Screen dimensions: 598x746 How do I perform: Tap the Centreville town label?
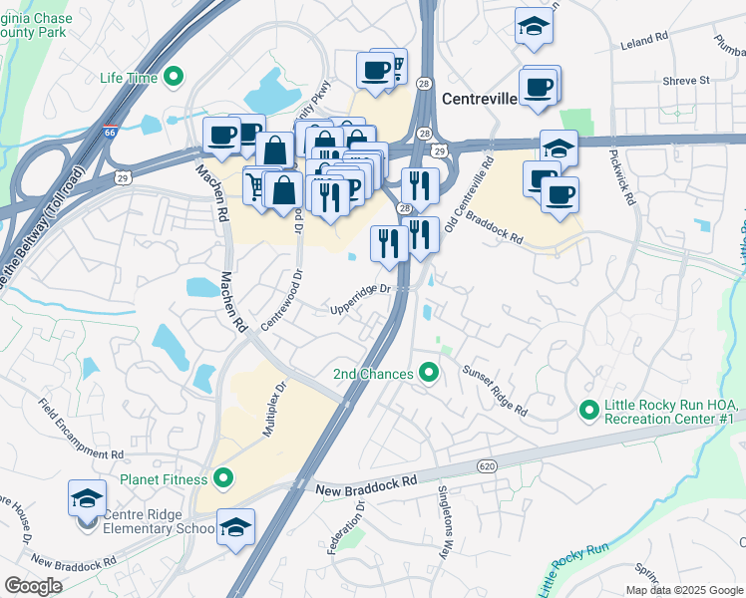479,100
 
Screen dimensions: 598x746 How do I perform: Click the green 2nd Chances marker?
429,374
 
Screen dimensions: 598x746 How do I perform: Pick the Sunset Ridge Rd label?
494,390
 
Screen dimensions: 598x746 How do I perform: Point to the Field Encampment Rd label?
81,429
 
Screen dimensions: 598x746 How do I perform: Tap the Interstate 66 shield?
109,131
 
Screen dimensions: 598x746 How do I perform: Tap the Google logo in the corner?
33,586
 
